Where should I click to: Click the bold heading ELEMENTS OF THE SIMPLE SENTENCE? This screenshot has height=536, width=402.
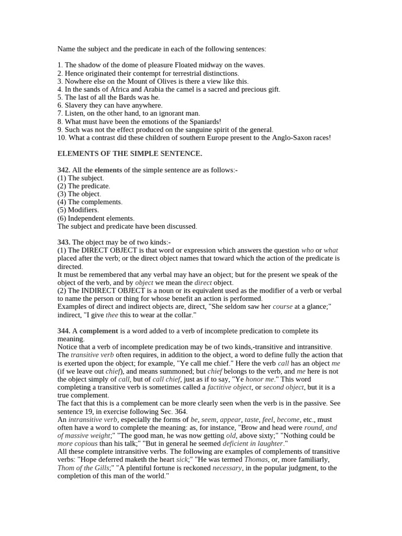click(129, 153)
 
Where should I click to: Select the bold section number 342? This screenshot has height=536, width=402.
click(64, 170)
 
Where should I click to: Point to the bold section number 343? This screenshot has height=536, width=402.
click(64, 242)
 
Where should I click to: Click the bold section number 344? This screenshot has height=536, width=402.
click(64, 331)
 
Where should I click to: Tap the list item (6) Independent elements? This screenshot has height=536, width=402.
click(96, 218)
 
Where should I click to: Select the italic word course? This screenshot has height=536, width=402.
click(283, 307)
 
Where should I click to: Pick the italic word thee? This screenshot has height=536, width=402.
click(112, 315)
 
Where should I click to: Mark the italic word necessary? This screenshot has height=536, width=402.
click(227, 468)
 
